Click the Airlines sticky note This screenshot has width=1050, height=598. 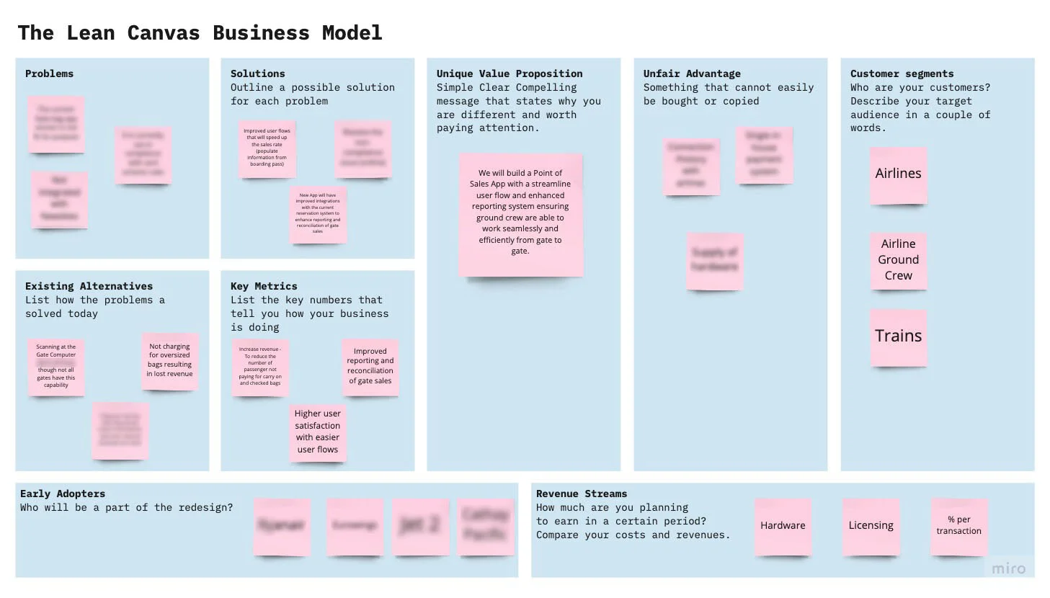(898, 174)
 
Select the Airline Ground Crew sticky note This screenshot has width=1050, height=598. (898, 260)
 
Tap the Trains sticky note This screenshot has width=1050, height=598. (898, 336)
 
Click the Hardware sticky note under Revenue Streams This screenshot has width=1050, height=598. (783, 526)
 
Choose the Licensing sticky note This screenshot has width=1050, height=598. (871, 526)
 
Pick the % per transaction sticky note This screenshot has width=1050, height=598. (958, 526)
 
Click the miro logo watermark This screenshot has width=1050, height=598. (1008, 568)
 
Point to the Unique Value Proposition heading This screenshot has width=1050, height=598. (509, 73)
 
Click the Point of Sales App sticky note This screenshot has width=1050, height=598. (520, 213)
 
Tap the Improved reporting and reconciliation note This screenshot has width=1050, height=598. (370, 367)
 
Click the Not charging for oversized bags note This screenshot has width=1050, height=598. (170, 361)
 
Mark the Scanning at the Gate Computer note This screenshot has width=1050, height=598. (56, 367)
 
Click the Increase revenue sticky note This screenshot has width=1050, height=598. (260, 367)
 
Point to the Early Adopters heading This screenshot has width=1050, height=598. (63, 494)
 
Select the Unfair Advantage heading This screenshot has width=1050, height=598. (692, 73)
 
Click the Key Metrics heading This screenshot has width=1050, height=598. (264, 286)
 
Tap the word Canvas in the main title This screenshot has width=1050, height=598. (164, 33)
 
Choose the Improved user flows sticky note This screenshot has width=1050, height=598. (267, 148)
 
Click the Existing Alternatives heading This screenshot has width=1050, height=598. (89, 286)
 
